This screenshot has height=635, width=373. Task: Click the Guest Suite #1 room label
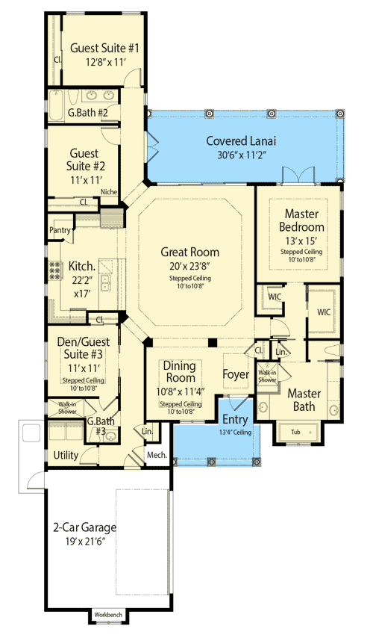point(104,49)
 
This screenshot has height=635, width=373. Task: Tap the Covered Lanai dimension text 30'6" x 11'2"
point(241,155)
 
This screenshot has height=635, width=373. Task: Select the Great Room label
point(190,252)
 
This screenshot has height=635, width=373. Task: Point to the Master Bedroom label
point(301,220)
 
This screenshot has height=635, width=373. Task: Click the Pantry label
point(60,230)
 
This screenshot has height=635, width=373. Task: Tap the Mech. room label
point(157,455)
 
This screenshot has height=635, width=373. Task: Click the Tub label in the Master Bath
point(295,432)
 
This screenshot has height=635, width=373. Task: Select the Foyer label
point(236,374)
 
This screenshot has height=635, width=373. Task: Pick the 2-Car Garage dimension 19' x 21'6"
point(85,542)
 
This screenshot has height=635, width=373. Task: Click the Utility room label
point(66,455)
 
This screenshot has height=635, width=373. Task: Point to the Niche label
point(109,191)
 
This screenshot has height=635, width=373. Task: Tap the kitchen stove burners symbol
point(56,270)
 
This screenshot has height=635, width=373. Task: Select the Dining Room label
point(180,372)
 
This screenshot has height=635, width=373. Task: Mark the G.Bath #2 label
point(88,113)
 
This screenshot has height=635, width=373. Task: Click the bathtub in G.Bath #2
point(56,105)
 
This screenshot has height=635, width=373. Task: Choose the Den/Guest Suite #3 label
point(84,348)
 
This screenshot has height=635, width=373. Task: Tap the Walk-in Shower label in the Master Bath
point(267,377)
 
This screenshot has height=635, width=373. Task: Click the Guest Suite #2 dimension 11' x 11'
point(85,179)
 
